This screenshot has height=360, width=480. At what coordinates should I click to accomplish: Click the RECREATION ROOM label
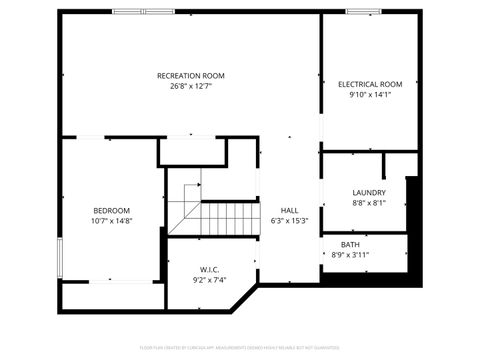tap(190, 75)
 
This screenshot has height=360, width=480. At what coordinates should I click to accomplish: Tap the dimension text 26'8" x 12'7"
tap(190, 86)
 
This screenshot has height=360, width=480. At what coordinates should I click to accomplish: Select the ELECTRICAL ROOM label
tap(370, 84)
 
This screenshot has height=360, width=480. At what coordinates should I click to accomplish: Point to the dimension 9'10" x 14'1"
tap(370, 95)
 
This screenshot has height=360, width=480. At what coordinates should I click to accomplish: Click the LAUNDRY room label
tap(369, 192)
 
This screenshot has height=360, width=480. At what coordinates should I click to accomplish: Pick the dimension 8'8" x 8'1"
tap(369, 203)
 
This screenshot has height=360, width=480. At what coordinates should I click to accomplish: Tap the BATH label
tap(350, 244)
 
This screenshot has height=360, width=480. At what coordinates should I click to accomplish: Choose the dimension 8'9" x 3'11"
tap(350, 255)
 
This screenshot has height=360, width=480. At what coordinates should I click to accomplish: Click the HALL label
tap(289, 210)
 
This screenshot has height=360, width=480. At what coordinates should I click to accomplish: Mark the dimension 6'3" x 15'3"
tap(289, 221)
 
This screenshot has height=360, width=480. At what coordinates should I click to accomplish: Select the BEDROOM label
tap(111, 210)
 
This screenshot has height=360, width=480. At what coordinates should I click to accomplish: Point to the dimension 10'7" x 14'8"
tap(111, 221)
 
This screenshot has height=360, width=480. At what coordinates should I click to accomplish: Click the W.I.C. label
tap(210, 269)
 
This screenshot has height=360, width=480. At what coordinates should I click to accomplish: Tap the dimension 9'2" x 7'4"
tap(210, 280)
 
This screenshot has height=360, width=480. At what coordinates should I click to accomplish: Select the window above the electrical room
tap(362, 12)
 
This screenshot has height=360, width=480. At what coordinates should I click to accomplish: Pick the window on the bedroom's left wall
tap(61, 256)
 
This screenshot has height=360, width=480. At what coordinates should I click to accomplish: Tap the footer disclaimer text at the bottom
tap(239, 347)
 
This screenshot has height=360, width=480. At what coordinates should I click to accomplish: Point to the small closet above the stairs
tap(192, 151)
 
